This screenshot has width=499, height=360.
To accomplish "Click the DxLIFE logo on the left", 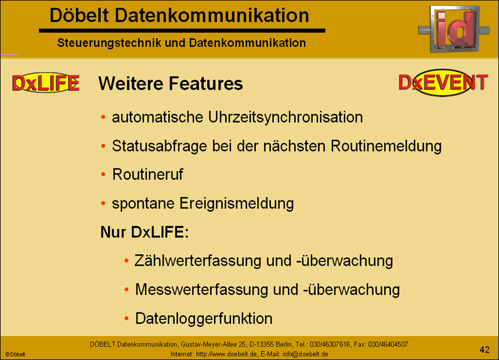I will [x=45, y=84].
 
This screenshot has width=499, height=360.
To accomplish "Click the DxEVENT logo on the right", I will [x=443, y=83].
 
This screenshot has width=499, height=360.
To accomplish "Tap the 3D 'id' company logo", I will [x=454, y=30].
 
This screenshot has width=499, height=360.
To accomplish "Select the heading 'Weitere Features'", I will [x=170, y=84].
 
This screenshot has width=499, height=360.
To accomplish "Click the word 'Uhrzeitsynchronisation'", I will [x=285, y=117].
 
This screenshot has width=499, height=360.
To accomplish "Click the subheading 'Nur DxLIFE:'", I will [x=144, y=233].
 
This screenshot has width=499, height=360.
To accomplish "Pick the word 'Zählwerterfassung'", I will [x=198, y=261].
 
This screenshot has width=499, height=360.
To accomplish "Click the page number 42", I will [x=484, y=349].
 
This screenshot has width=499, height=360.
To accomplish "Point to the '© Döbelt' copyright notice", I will [x=15, y=354].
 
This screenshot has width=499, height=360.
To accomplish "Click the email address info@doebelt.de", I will [x=305, y=354].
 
